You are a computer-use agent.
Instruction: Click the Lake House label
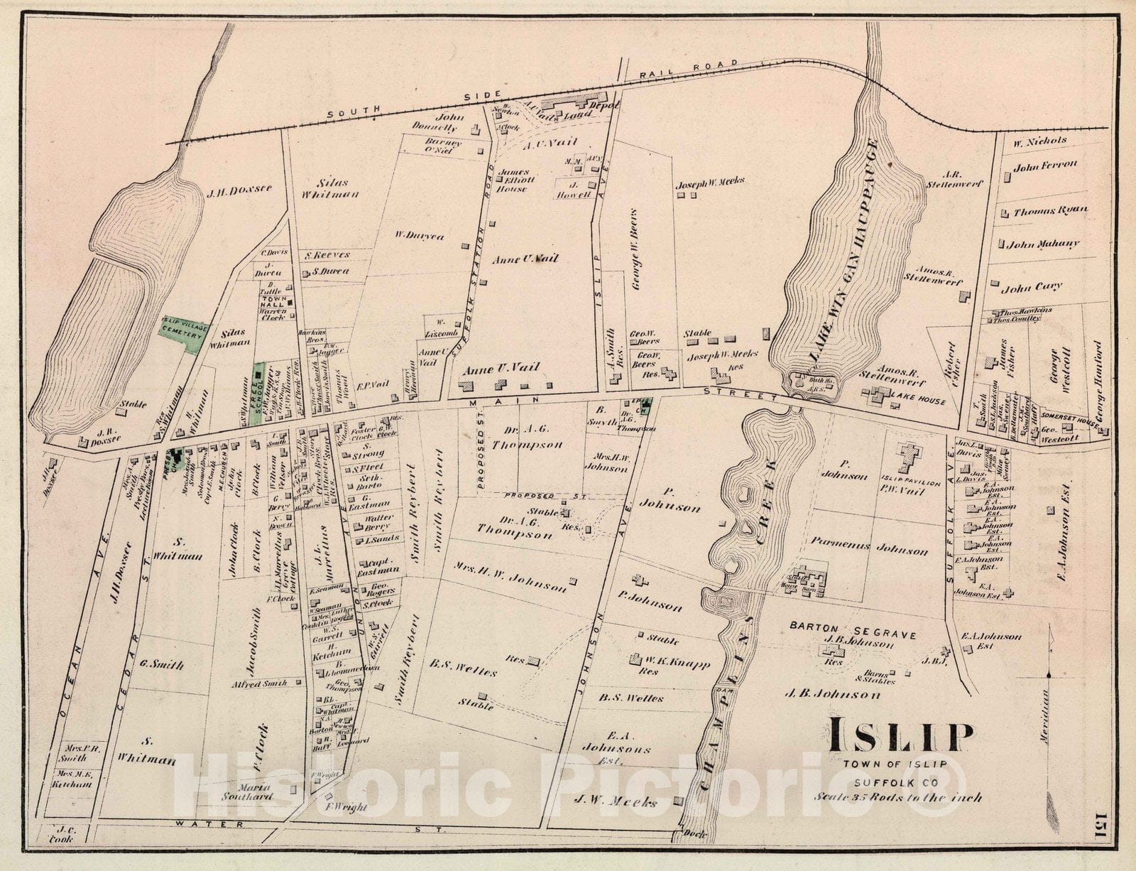pos(922,401)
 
